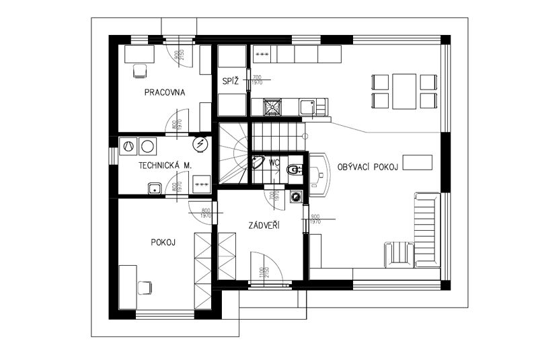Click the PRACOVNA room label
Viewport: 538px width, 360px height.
165,92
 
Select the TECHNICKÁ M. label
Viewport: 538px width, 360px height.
165,165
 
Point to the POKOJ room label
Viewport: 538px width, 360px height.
163,242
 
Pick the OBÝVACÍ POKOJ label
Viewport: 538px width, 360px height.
369,166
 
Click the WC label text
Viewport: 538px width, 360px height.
274,162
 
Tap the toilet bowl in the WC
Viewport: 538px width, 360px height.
293,170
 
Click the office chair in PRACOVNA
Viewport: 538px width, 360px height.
141,70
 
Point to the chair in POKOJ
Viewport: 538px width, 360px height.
144,287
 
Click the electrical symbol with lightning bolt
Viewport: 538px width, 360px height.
200,144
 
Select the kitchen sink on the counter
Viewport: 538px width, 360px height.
307,106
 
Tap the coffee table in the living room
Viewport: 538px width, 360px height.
422,162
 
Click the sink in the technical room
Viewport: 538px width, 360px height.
155,188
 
